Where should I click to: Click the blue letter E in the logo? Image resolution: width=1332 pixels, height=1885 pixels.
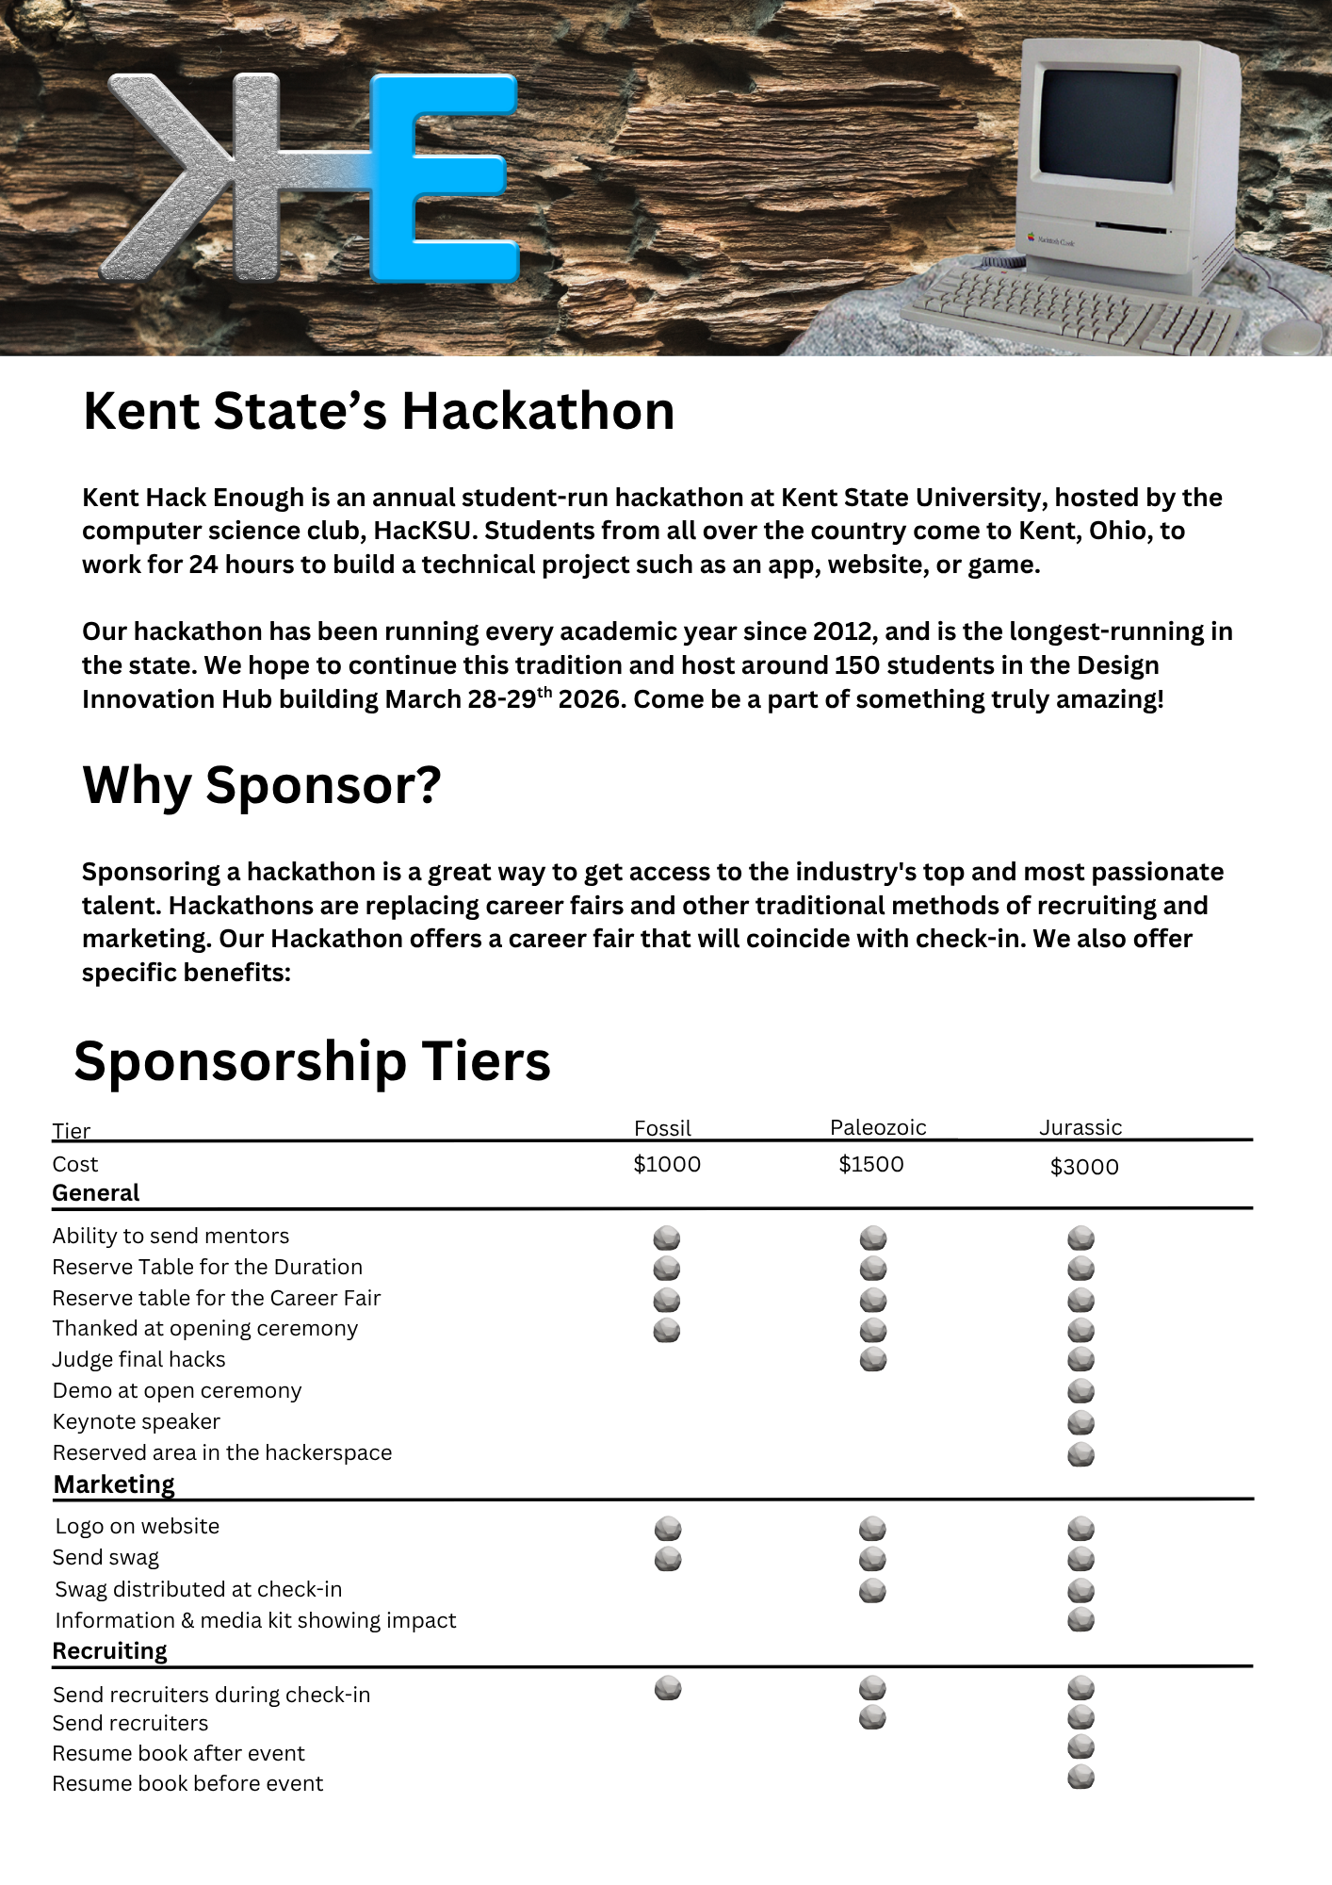tap(443, 179)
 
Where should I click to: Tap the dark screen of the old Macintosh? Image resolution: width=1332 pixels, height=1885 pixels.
tap(1108, 128)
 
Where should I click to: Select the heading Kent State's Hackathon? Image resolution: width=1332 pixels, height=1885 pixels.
tap(379, 412)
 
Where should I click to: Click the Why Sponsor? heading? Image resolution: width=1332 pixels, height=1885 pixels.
tap(262, 785)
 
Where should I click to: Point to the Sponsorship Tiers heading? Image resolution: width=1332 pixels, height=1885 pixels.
tap(312, 1061)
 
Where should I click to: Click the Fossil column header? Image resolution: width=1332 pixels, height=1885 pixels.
tap(662, 1128)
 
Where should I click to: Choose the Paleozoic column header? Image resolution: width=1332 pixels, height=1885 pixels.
tap(878, 1127)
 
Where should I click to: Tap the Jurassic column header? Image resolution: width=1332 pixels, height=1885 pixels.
tap(1080, 1127)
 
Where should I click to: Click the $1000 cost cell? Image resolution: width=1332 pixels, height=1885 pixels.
tap(667, 1165)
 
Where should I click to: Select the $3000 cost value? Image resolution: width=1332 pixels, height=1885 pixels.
tap(1084, 1167)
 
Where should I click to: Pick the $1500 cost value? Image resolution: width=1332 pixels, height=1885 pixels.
tap(871, 1165)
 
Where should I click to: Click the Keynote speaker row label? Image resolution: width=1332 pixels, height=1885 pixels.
tap(137, 1421)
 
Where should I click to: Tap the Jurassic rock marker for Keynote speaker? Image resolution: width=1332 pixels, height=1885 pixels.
tap(1080, 1422)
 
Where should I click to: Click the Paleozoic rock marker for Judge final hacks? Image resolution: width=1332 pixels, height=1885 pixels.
tap(873, 1359)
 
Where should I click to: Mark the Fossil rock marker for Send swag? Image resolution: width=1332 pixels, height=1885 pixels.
tap(668, 1559)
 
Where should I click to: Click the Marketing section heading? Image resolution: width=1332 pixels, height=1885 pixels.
tap(114, 1484)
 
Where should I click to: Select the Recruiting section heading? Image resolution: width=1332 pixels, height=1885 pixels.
tap(110, 1651)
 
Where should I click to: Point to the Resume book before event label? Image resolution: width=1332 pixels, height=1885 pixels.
tap(187, 1783)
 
